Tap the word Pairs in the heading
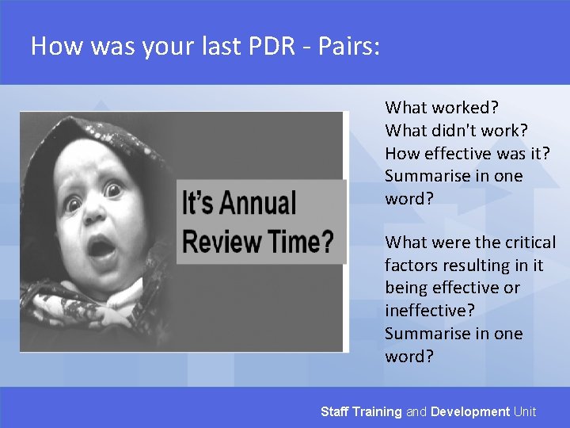(x=348, y=47)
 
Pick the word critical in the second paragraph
(x=526, y=243)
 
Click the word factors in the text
(x=411, y=265)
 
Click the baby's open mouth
(x=101, y=248)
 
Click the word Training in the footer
(x=377, y=411)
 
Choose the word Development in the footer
(x=470, y=411)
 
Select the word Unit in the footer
(x=525, y=411)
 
